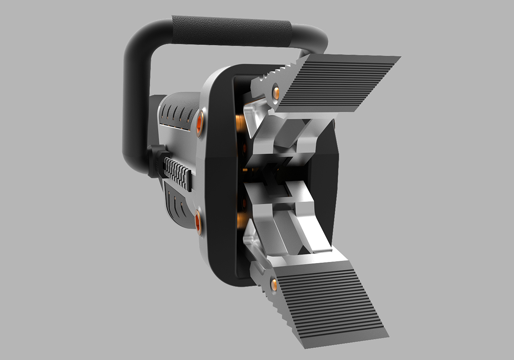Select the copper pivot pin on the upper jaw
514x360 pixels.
[x=275, y=91]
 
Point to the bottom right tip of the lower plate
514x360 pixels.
[x=387, y=335]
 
